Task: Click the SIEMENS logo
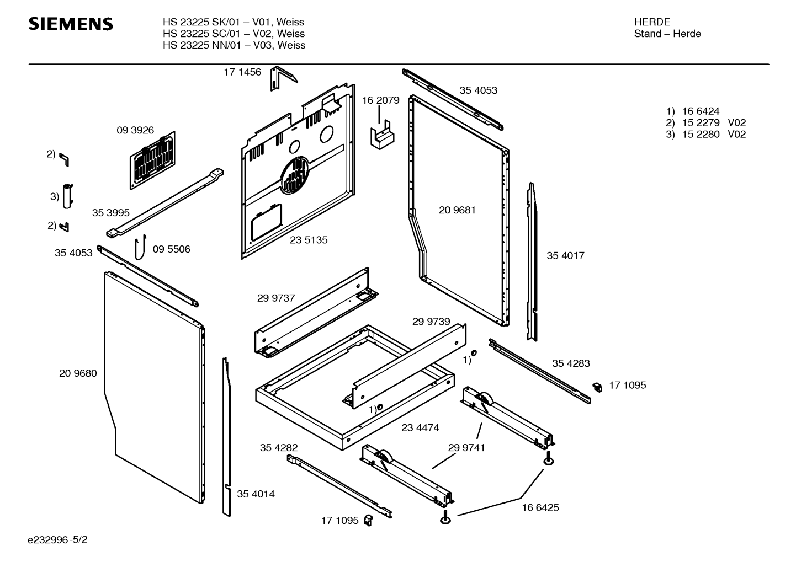pyautogui.click(x=71, y=24)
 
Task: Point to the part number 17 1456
pyautogui.click(x=242, y=72)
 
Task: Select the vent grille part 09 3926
pyautogui.click(x=153, y=160)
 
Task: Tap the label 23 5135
pyautogui.click(x=309, y=240)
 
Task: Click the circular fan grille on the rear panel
pyautogui.click(x=296, y=175)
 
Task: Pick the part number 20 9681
pyautogui.click(x=457, y=210)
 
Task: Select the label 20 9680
pyautogui.click(x=78, y=373)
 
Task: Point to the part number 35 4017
pyautogui.click(x=565, y=255)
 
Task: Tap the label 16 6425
pyautogui.click(x=540, y=507)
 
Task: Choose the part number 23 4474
pyautogui.click(x=421, y=427)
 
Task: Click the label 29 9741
pyautogui.click(x=466, y=448)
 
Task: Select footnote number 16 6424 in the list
pyautogui.click(x=701, y=111)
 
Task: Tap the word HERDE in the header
pyautogui.click(x=652, y=22)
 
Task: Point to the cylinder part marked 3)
pyautogui.click(x=67, y=196)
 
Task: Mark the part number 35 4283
pyautogui.click(x=571, y=363)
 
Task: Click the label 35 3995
pyautogui.click(x=110, y=213)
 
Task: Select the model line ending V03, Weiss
pyautogui.click(x=234, y=45)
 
